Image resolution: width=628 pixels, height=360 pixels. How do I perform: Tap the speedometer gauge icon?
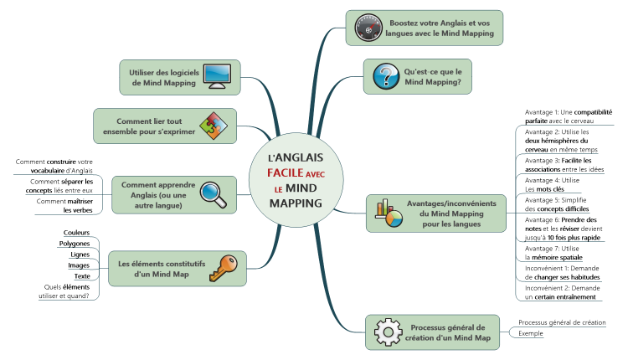point(366,28)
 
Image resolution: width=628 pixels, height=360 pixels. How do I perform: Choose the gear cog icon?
point(388,332)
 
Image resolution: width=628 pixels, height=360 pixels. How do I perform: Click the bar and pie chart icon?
point(388,213)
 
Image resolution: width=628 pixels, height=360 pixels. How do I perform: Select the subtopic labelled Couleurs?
point(77,232)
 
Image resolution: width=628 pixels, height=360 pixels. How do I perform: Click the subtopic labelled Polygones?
point(75,243)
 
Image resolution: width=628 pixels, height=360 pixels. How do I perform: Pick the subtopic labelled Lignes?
point(80,254)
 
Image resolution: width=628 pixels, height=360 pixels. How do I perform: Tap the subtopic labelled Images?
point(79,265)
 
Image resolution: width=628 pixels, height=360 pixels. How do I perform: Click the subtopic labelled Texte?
point(82,276)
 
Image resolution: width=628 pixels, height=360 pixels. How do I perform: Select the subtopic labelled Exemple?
point(531,333)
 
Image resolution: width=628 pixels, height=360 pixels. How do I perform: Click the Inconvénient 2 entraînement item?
point(561,291)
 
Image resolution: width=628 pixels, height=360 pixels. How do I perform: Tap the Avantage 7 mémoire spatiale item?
point(559,253)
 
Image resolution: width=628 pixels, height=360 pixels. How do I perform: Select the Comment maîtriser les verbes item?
point(65,205)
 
